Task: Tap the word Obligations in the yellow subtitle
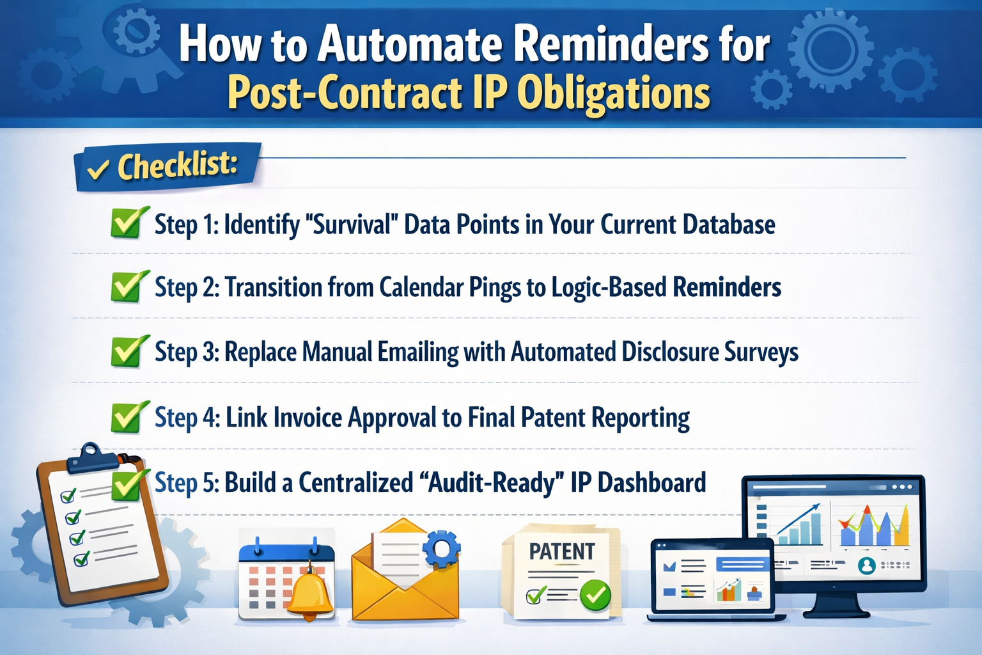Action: (x=613, y=93)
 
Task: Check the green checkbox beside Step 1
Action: (x=127, y=223)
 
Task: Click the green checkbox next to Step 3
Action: (x=127, y=351)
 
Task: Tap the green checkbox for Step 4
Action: (x=127, y=417)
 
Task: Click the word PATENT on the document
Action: (x=561, y=551)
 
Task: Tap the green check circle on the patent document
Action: (x=595, y=595)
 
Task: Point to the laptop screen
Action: (x=712, y=578)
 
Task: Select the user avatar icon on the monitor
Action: (x=866, y=565)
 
